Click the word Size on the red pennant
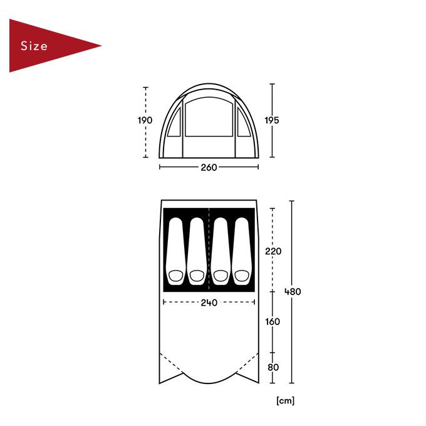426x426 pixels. click(x=34, y=46)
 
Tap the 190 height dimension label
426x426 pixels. click(x=145, y=120)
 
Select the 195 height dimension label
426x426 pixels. click(x=272, y=120)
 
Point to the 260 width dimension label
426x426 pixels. click(x=209, y=167)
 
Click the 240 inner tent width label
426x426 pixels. click(x=209, y=303)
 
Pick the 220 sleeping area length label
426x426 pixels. click(x=273, y=251)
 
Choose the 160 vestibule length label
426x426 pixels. click(x=273, y=321)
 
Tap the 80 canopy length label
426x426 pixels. click(x=273, y=367)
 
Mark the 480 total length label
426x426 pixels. click(x=293, y=292)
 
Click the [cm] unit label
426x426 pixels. click(x=285, y=401)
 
